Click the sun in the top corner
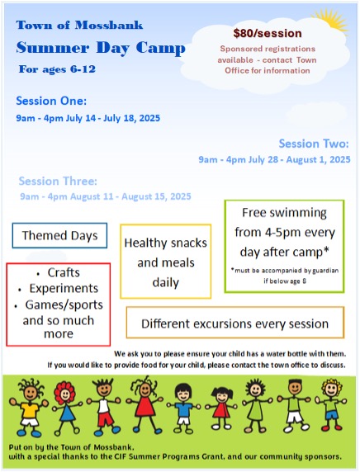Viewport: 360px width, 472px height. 334,20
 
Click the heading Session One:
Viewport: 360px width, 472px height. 51,101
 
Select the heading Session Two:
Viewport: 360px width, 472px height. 314,143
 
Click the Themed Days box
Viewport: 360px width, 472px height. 59,236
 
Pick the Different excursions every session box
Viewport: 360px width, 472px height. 234,323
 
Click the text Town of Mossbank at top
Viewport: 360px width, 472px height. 66,25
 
